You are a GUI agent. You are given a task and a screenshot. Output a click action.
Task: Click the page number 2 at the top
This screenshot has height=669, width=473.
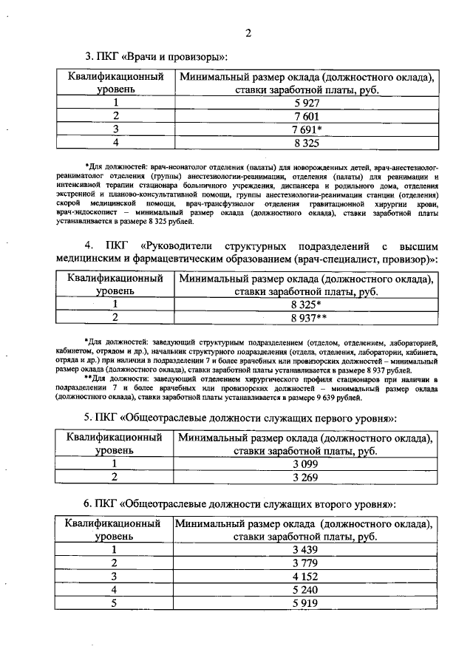click(248, 33)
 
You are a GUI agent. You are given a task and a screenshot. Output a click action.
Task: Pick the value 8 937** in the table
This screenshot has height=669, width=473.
click(307, 317)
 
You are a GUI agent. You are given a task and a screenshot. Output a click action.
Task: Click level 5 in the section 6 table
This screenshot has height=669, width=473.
click(115, 602)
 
